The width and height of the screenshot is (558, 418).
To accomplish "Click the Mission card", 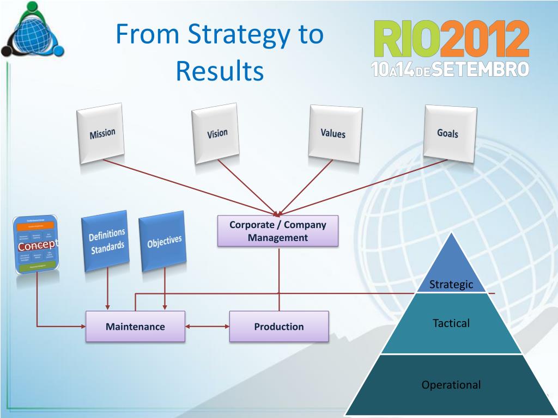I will pos(101,134).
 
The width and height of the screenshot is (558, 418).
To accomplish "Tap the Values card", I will pos(333,133).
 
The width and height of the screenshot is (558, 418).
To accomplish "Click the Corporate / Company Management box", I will pos(278,231).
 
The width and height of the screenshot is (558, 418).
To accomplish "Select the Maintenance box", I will pos(135,327).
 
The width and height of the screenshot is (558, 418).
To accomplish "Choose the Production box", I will pos(279,327).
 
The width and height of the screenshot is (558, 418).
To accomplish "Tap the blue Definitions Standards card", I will pos(107,241).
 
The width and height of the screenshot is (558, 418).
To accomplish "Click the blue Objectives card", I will pos(164,241).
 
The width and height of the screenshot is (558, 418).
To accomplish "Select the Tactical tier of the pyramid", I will pos(451,323).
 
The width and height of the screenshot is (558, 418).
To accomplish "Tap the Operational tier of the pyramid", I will pos(451,385).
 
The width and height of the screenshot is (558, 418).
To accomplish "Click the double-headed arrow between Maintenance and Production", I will pos(207,327).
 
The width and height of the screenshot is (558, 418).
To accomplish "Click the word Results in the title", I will pos(220,71).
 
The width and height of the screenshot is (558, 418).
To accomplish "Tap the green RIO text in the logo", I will pos(406,40).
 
